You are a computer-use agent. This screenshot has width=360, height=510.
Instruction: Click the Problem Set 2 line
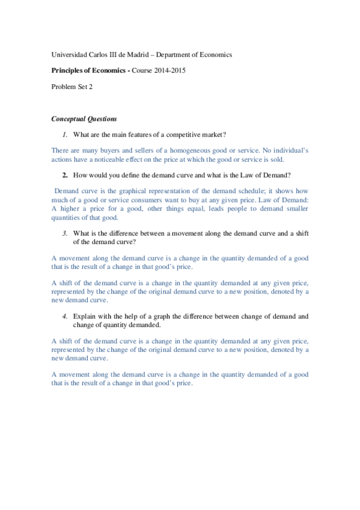[x=72, y=87]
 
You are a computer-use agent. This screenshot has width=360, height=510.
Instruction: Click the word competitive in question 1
[x=178, y=134]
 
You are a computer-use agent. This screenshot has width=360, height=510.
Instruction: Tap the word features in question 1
[x=136, y=134]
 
